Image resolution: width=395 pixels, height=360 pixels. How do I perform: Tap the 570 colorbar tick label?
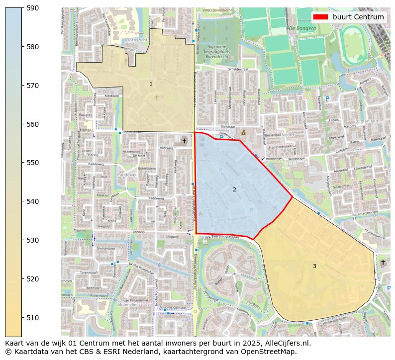click(x=32, y=86)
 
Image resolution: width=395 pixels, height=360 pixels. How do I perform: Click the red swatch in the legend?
click(x=321, y=17)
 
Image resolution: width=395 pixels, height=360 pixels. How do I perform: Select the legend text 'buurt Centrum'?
click(x=358, y=17)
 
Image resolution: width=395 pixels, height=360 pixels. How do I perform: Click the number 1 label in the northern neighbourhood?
click(x=151, y=84)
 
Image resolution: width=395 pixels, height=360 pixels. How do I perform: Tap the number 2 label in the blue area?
click(x=234, y=189)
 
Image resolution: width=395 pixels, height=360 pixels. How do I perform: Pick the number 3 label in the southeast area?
click(x=314, y=266)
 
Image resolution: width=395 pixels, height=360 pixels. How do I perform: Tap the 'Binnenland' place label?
click(x=367, y=121)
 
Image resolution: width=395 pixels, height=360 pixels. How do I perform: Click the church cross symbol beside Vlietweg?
click(x=184, y=141)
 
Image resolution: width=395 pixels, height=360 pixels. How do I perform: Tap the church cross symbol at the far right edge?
click(x=383, y=262)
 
